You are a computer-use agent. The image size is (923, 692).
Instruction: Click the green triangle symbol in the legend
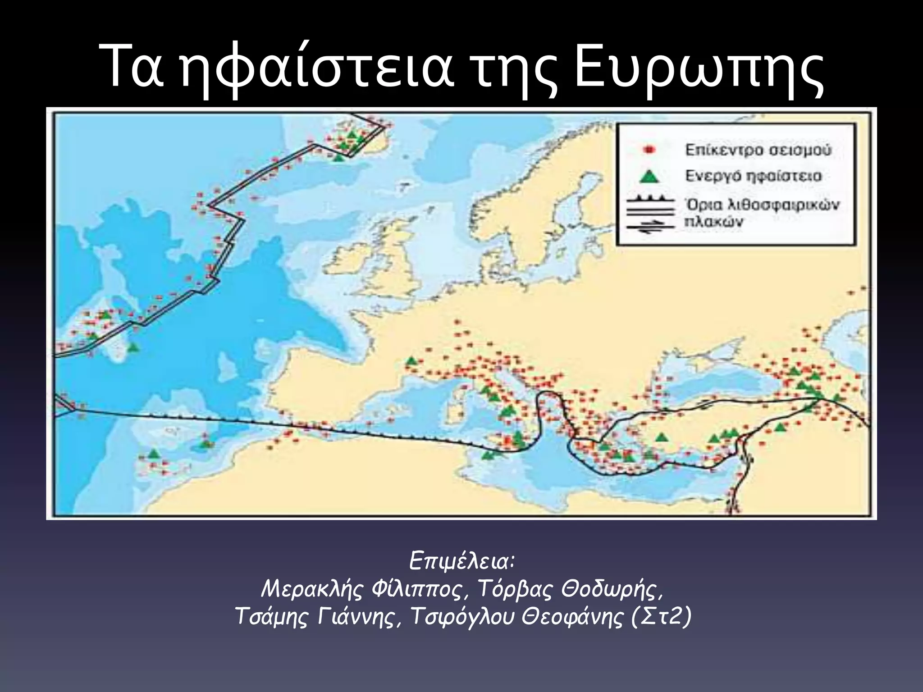pos(649,176)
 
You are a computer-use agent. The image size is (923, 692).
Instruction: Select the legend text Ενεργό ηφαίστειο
pos(753,176)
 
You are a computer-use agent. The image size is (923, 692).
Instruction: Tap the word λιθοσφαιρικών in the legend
pos(784,205)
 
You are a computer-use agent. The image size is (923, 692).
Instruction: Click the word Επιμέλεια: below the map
pos(462,561)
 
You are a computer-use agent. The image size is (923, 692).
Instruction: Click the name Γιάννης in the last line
pos(358,617)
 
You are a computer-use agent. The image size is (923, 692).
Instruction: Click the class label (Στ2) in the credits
pos(660,617)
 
